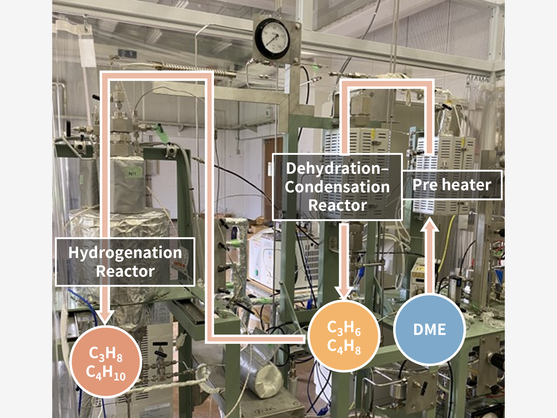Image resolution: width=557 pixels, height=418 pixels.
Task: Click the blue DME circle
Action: pyautogui.click(x=429, y=330)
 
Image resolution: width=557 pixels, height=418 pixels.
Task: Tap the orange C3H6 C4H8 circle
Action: pyautogui.click(x=344, y=336)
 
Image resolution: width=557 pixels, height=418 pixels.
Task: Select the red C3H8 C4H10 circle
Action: pyautogui.click(x=106, y=362)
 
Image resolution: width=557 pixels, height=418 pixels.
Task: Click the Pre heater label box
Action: pyautogui.click(x=452, y=185)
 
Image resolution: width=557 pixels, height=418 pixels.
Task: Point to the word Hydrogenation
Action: pyautogui.click(x=125, y=253)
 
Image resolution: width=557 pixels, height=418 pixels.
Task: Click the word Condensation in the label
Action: pyautogui.click(x=337, y=187)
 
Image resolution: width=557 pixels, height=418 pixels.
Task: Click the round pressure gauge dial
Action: pyautogui.click(x=272, y=38)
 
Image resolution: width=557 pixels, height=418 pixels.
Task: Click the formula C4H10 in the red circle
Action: pyautogui.click(x=106, y=373)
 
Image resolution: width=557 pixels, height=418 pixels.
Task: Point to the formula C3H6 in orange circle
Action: pyautogui.click(x=344, y=328)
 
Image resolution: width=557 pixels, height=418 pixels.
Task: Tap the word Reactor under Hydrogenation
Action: pyautogui.click(x=125, y=271)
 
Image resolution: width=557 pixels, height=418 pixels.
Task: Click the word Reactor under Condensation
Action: pyautogui.click(x=338, y=205)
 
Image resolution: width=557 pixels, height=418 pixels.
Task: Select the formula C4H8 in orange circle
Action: pyautogui.click(x=344, y=347)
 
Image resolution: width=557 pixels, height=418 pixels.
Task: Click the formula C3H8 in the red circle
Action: pyautogui.click(x=106, y=353)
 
